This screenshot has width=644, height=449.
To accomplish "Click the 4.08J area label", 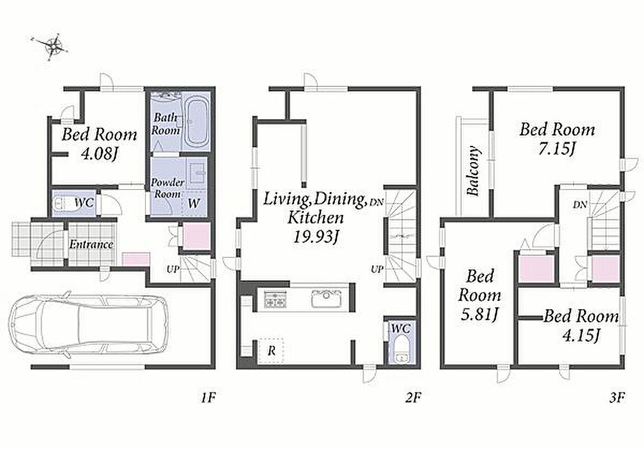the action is [99, 154].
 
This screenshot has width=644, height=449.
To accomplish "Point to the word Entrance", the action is [91, 244].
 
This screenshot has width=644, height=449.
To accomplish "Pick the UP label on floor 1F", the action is [173, 269].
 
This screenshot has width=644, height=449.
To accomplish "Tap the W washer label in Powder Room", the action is [194, 203].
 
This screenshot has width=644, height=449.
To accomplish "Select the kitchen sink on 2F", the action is [326, 298].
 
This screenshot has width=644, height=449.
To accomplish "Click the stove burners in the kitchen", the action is [275, 299].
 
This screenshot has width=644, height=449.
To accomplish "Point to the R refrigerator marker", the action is [271, 351].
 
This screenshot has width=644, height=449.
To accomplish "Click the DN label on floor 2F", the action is [376, 202].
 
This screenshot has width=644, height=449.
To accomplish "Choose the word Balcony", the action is [473, 171].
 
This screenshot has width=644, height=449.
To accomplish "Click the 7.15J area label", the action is [556, 148].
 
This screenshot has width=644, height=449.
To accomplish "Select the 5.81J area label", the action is [480, 315].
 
